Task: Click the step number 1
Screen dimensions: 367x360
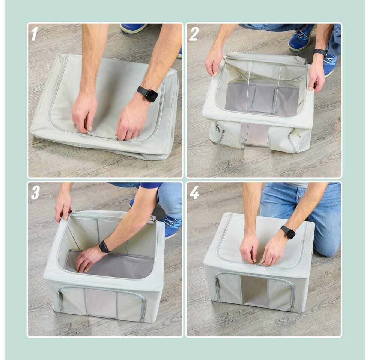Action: pos(35,34)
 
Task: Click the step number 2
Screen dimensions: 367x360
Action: pos(194,34)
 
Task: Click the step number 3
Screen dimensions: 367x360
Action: pos(35,193)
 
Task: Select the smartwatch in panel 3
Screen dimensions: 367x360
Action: pos(104,247)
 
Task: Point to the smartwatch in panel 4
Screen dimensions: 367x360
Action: pos(288,232)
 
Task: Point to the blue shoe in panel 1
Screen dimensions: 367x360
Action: pos(134,28)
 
